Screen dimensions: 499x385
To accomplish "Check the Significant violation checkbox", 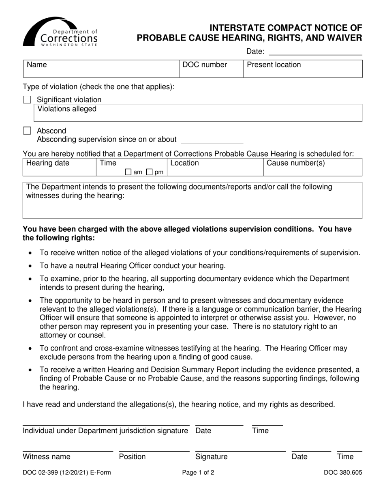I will (27, 100).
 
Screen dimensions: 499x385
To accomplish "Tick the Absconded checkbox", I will (27, 131).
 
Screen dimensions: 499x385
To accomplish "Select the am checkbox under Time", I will (128, 172).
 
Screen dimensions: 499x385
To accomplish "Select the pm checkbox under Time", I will (149, 172).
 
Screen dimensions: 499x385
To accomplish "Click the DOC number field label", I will (205, 65).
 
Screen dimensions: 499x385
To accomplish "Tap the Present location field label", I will (274, 65).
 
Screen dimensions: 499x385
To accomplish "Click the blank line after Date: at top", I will (315, 52).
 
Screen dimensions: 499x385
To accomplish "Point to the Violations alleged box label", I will (67, 109).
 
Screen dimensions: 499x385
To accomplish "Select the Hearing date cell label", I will (48, 163).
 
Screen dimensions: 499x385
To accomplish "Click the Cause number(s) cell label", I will (295, 163).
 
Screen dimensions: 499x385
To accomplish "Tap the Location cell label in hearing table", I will (185, 163).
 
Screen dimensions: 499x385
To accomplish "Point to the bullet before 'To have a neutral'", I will (31, 267).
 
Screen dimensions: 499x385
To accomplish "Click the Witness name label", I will (47, 457).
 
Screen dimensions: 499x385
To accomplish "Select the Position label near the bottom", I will (132, 457).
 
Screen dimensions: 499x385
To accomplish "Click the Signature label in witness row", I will (211, 457).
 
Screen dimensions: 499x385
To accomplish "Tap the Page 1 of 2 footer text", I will (198, 472).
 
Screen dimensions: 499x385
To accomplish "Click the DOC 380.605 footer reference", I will (342, 472).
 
